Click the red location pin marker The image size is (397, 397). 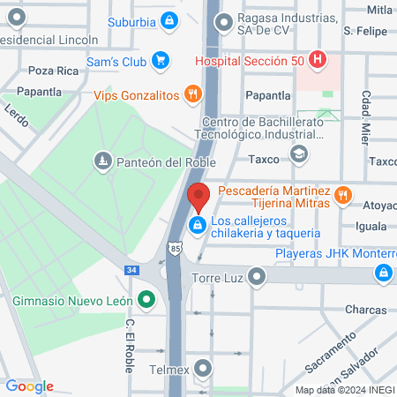pyautogui.click(x=198, y=198)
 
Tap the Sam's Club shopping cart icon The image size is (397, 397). pyautogui.click(x=160, y=60)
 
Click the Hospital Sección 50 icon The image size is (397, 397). pyautogui.click(x=318, y=60)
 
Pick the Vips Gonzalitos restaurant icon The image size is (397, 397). pyautogui.click(x=191, y=94)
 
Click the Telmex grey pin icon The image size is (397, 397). pyautogui.click(x=205, y=367)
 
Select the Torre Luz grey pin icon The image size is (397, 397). pyautogui.click(x=257, y=279)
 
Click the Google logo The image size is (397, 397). pyautogui.click(x=29, y=386)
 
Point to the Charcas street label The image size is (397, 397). pyautogui.click(x=366, y=310)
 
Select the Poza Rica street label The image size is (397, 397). pyautogui.click(x=48, y=70)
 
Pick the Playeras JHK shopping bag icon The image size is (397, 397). pyautogui.click(x=382, y=273)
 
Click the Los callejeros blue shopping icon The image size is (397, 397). pyautogui.click(x=198, y=227)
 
